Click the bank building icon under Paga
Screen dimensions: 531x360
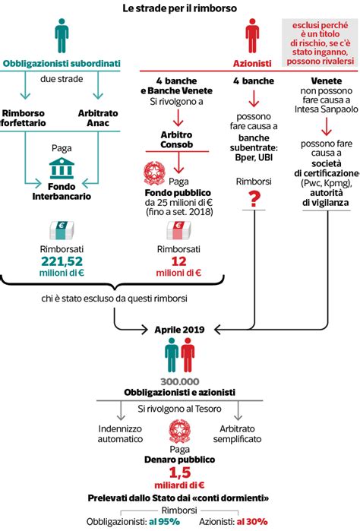pos(62,168)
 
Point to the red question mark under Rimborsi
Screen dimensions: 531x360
pos(254,199)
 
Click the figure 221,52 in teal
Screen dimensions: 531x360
pos(62,263)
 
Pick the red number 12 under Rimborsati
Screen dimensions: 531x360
pos(178,263)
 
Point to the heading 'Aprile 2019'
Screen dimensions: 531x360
pos(179,330)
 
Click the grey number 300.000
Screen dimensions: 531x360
pos(179,381)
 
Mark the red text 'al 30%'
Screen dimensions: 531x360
pos(251,523)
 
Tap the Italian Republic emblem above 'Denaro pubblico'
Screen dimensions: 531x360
pos(179,435)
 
